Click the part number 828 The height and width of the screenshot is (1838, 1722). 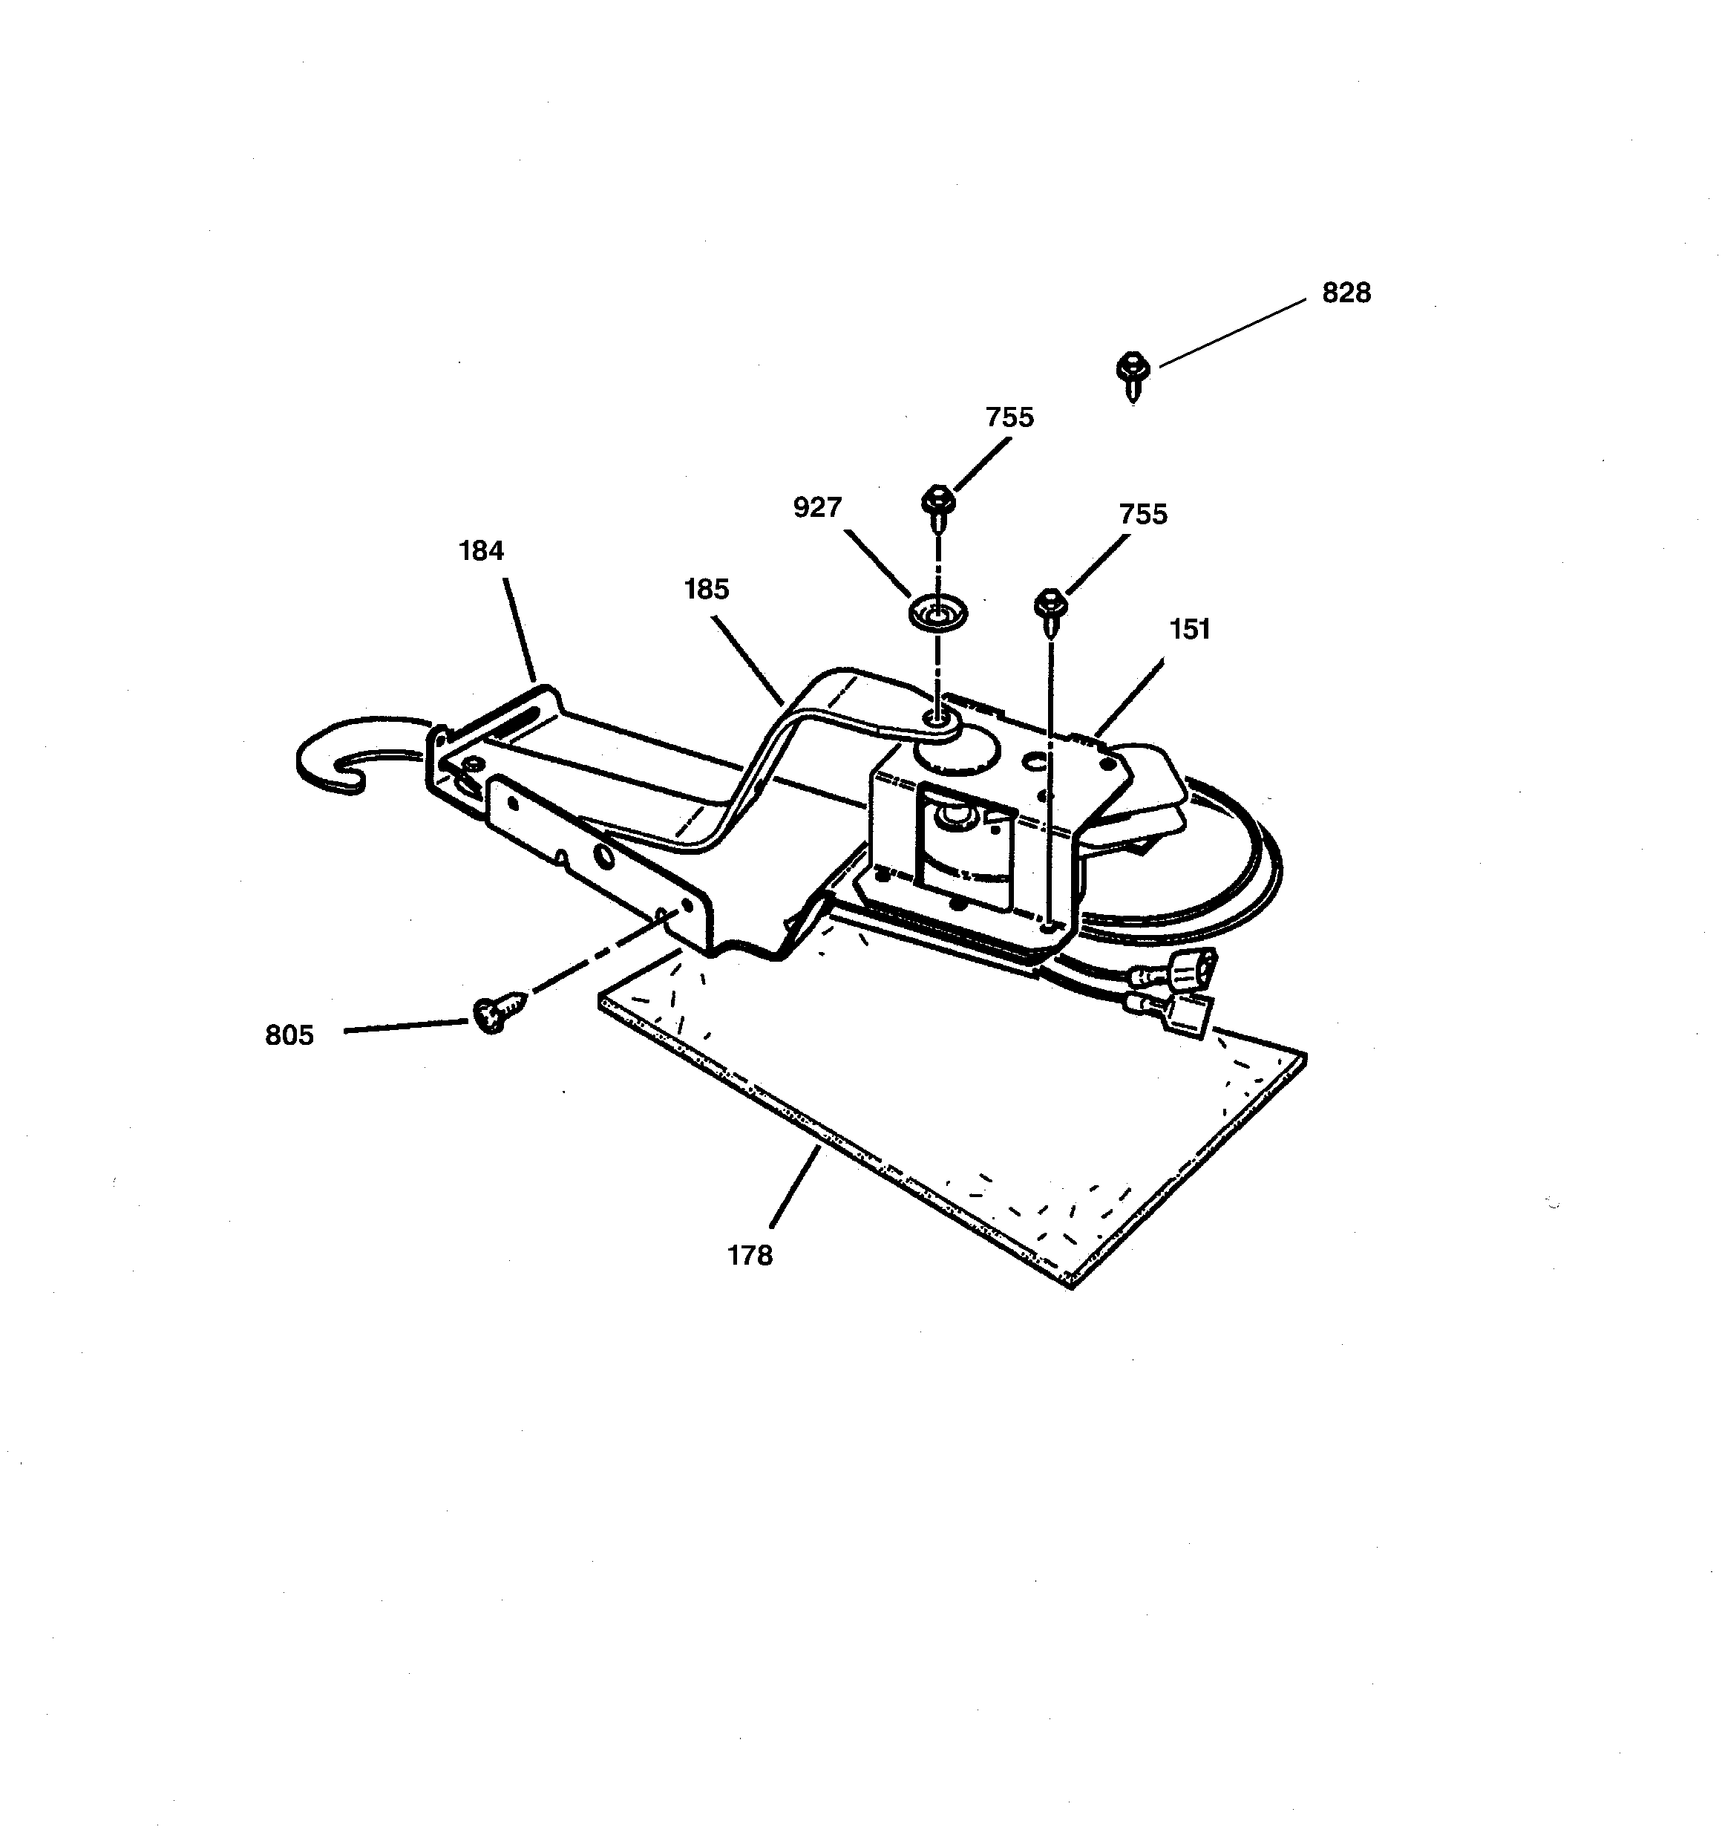(x=1346, y=293)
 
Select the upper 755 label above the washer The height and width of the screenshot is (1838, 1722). (x=1009, y=418)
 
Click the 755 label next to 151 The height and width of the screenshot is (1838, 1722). (x=1143, y=514)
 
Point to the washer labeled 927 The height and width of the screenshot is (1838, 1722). (x=937, y=613)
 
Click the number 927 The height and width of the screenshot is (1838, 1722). (x=817, y=507)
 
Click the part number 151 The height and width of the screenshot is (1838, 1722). (x=1190, y=630)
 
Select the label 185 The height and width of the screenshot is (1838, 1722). (x=706, y=590)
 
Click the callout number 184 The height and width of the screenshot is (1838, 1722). (x=481, y=551)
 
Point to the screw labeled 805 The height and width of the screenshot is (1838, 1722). (x=492, y=1014)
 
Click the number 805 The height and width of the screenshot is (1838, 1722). (x=289, y=1035)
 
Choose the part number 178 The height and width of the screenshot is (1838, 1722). (x=750, y=1256)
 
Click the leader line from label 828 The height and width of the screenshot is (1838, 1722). (x=1232, y=333)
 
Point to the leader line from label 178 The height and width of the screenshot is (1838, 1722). (x=794, y=1187)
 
